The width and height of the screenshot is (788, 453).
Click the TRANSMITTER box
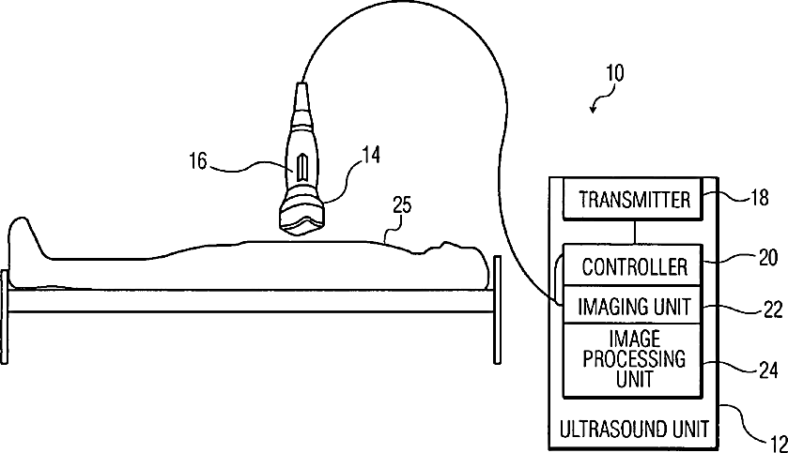coord(634,200)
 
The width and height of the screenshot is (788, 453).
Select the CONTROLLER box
coord(634,267)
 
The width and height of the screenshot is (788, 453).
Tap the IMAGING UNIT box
coord(634,306)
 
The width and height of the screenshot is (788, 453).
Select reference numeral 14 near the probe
coord(371,157)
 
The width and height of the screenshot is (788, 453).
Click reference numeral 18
coord(760,198)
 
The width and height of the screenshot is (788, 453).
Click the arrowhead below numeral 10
coord(594,110)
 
